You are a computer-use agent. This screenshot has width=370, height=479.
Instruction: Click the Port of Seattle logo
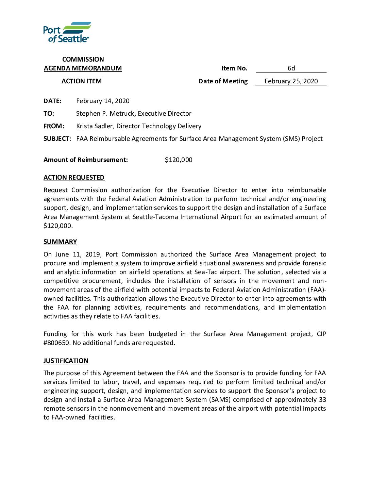point(67,32)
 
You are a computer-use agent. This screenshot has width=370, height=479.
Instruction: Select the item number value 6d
point(291,68)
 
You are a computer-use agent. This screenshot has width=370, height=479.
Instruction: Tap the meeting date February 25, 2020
point(291,81)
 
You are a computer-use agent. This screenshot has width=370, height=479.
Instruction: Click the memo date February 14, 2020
point(103,101)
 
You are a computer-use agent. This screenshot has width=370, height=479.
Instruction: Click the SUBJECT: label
point(57,138)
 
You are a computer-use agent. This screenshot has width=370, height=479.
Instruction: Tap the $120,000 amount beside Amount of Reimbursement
point(179,160)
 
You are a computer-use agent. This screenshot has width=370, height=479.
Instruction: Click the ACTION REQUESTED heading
point(74,177)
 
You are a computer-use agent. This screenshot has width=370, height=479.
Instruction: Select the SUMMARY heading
point(60,242)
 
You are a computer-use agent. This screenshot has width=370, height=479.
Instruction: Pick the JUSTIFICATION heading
point(66,361)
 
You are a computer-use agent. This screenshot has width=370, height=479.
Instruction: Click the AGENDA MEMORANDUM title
point(83,68)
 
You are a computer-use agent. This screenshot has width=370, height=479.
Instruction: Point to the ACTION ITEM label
point(82,81)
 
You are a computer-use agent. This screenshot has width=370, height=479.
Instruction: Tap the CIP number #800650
point(57,343)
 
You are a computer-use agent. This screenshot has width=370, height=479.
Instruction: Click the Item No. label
point(234,68)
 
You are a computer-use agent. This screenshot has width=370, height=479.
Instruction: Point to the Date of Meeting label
point(223,81)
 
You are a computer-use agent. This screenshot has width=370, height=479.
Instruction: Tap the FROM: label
point(54,126)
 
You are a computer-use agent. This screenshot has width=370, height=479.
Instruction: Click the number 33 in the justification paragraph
point(322,399)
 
